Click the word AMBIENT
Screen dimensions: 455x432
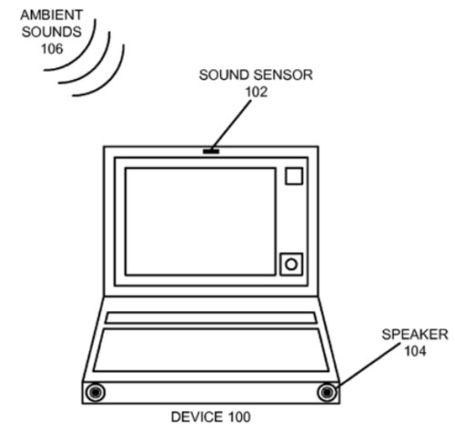click(x=52, y=15)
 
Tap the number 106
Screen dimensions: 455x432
click(x=52, y=49)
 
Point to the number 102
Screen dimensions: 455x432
click(x=257, y=92)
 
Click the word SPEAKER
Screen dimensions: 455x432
click(x=415, y=335)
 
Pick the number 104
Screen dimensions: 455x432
click(x=415, y=351)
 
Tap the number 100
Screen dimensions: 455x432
click(x=239, y=417)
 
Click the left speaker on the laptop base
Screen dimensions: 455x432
click(x=96, y=392)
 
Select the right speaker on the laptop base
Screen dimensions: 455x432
click(x=327, y=392)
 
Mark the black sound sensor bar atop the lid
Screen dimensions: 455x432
click(x=211, y=151)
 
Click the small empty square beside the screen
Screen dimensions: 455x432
click(x=294, y=176)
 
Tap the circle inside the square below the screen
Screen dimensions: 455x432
click(x=291, y=265)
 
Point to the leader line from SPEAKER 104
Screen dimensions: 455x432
click(x=369, y=365)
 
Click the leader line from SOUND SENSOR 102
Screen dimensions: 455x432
click(x=232, y=125)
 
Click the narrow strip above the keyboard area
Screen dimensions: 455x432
click(x=211, y=318)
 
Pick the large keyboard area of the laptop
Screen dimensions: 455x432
click(x=211, y=350)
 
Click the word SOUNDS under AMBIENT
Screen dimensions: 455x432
click(x=52, y=32)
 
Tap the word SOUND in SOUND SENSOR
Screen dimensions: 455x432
click(x=225, y=75)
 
